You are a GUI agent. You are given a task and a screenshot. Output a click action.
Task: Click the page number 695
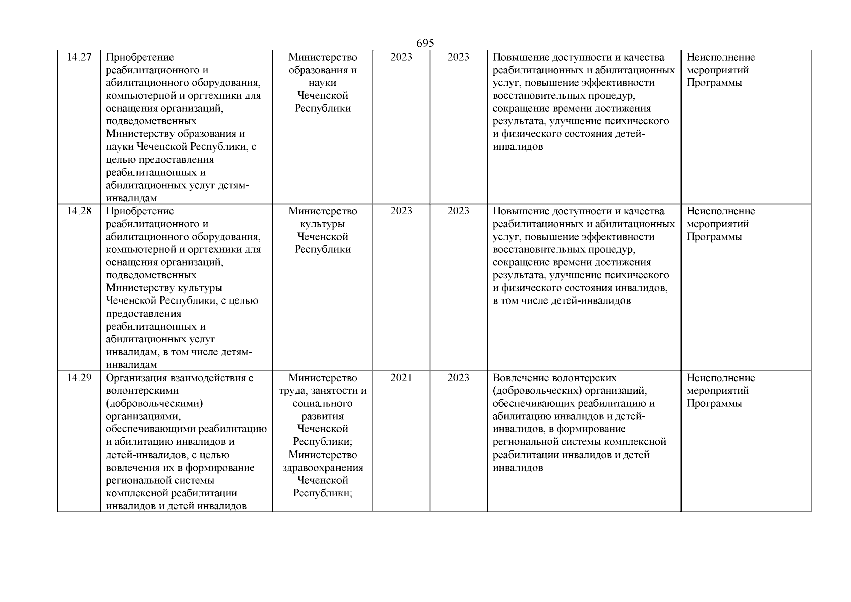(x=425, y=44)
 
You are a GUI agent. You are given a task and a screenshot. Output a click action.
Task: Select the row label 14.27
(x=79, y=57)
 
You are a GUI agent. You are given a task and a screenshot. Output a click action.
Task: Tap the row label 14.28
(x=79, y=211)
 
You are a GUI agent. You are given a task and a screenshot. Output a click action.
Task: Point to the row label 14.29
(x=79, y=378)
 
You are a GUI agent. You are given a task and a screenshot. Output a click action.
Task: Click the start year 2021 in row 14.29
(x=401, y=378)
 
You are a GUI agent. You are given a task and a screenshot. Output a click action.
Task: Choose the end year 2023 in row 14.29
(x=458, y=378)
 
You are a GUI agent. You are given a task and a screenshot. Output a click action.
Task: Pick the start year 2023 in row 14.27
(x=401, y=57)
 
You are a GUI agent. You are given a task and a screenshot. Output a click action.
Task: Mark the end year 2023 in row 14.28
(x=458, y=211)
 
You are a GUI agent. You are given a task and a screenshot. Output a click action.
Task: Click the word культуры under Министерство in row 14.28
(x=322, y=224)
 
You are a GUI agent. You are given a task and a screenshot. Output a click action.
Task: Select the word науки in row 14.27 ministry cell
(x=322, y=83)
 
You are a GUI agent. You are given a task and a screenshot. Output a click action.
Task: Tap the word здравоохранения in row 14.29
(x=322, y=468)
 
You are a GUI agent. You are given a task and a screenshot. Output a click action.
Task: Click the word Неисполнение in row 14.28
(x=720, y=211)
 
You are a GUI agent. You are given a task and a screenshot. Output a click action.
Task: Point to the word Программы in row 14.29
(x=714, y=404)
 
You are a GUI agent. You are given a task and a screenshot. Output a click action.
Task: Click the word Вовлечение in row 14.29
(x=520, y=378)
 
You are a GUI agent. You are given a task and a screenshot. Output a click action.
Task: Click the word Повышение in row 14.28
(x=518, y=211)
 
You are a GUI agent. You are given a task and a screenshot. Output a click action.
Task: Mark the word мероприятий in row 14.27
(x=718, y=70)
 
